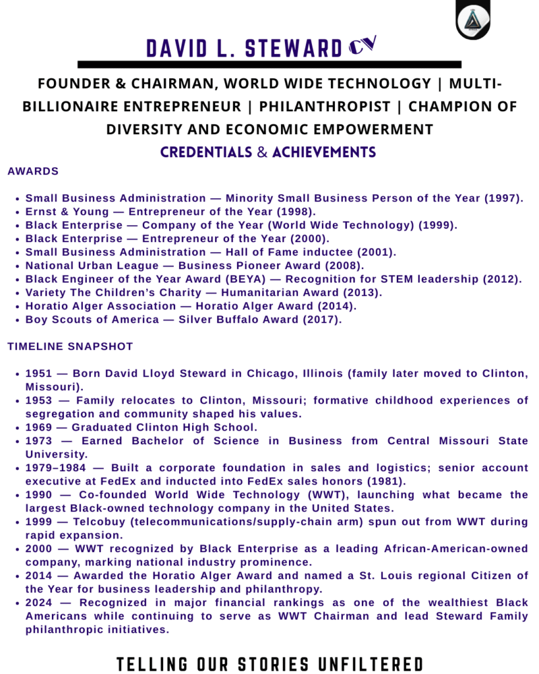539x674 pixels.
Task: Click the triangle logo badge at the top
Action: [x=473, y=20]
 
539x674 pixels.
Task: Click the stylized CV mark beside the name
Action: [x=363, y=45]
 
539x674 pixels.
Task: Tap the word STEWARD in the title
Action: [x=290, y=48]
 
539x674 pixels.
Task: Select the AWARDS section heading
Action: [x=33, y=171]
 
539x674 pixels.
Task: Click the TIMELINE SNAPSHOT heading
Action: [x=70, y=346]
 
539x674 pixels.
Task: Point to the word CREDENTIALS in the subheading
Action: [x=206, y=153]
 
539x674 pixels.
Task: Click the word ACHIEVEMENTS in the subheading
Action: [x=324, y=153]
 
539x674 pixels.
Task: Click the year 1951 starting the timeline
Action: [x=40, y=374]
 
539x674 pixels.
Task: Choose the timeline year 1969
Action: [x=40, y=428]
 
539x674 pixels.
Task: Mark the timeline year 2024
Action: [x=40, y=603]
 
